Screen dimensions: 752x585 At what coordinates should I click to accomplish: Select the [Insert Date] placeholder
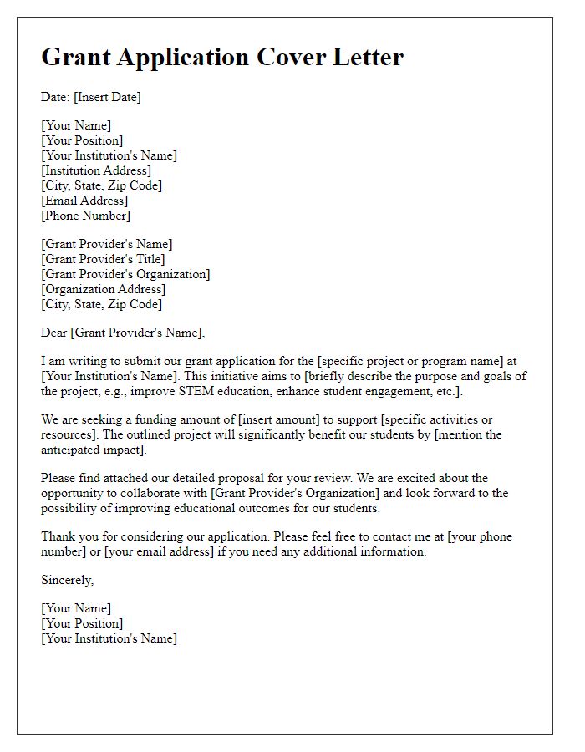tap(107, 97)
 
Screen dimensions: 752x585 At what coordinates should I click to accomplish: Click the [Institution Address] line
tap(96, 170)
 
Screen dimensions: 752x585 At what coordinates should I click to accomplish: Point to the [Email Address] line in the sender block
tap(84, 201)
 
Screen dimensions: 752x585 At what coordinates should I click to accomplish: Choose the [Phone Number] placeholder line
tap(86, 216)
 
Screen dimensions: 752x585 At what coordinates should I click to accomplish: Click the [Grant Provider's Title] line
tap(103, 259)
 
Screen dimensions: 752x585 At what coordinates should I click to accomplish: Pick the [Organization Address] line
tap(104, 289)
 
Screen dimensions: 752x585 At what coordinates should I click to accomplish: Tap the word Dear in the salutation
tap(54, 333)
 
